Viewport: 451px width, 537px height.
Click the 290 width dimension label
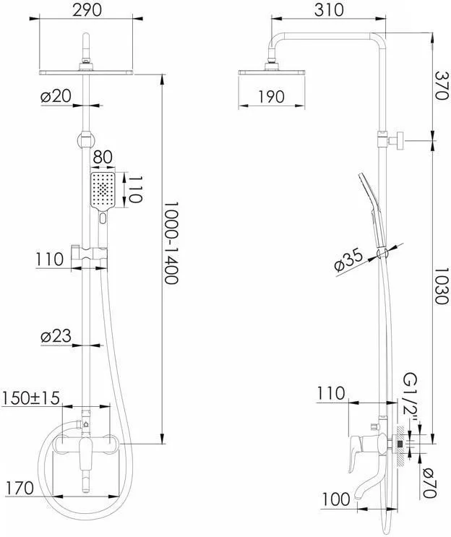coord(87,10)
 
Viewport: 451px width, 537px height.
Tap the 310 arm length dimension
coord(329,10)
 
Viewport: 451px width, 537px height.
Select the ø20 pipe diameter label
coord(56,96)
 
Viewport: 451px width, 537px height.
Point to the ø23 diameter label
coord(56,336)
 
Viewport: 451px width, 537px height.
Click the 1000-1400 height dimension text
coord(171,242)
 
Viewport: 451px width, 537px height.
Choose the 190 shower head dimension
coord(271,97)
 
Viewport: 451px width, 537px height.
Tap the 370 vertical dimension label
coord(441,85)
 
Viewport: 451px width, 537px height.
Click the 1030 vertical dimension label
coord(441,286)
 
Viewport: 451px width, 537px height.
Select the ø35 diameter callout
coord(348,260)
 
